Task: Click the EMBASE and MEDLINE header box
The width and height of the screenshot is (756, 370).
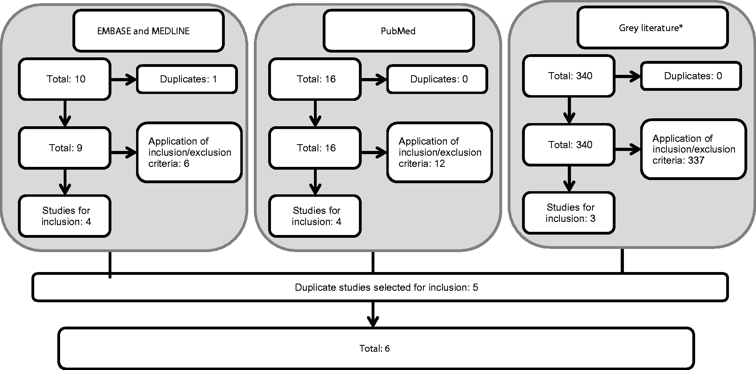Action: (x=148, y=31)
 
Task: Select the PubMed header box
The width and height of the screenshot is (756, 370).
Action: (x=399, y=31)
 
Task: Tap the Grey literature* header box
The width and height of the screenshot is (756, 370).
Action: (x=653, y=27)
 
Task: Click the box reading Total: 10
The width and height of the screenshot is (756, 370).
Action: (x=64, y=79)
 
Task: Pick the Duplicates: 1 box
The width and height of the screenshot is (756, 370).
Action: (x=187, y=79)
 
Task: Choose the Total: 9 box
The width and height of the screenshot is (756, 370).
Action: (x=64, y=148)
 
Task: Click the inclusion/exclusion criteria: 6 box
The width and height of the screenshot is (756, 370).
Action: (x=189, y=152)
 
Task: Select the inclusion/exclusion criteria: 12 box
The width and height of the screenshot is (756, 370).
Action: (x=440, y=152)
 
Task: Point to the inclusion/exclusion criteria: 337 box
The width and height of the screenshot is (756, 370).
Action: (x=694, y=149)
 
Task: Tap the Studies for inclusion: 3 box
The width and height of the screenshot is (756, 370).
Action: (x=569, y=213)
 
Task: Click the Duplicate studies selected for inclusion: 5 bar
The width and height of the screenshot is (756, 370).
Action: (x=380, y=287)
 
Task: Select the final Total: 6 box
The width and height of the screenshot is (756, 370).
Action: (x=376, y=348)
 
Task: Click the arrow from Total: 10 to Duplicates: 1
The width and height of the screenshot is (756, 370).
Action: (x=124, y=80)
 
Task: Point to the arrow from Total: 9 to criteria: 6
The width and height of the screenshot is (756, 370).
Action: (x=124, y=152)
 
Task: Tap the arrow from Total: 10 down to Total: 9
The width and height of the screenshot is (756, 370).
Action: (x=64, y=114)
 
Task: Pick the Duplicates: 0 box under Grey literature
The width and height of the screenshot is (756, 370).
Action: (x=691, y=76)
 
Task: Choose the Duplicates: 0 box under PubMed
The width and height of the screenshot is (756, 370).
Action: (x=437, y=79)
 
